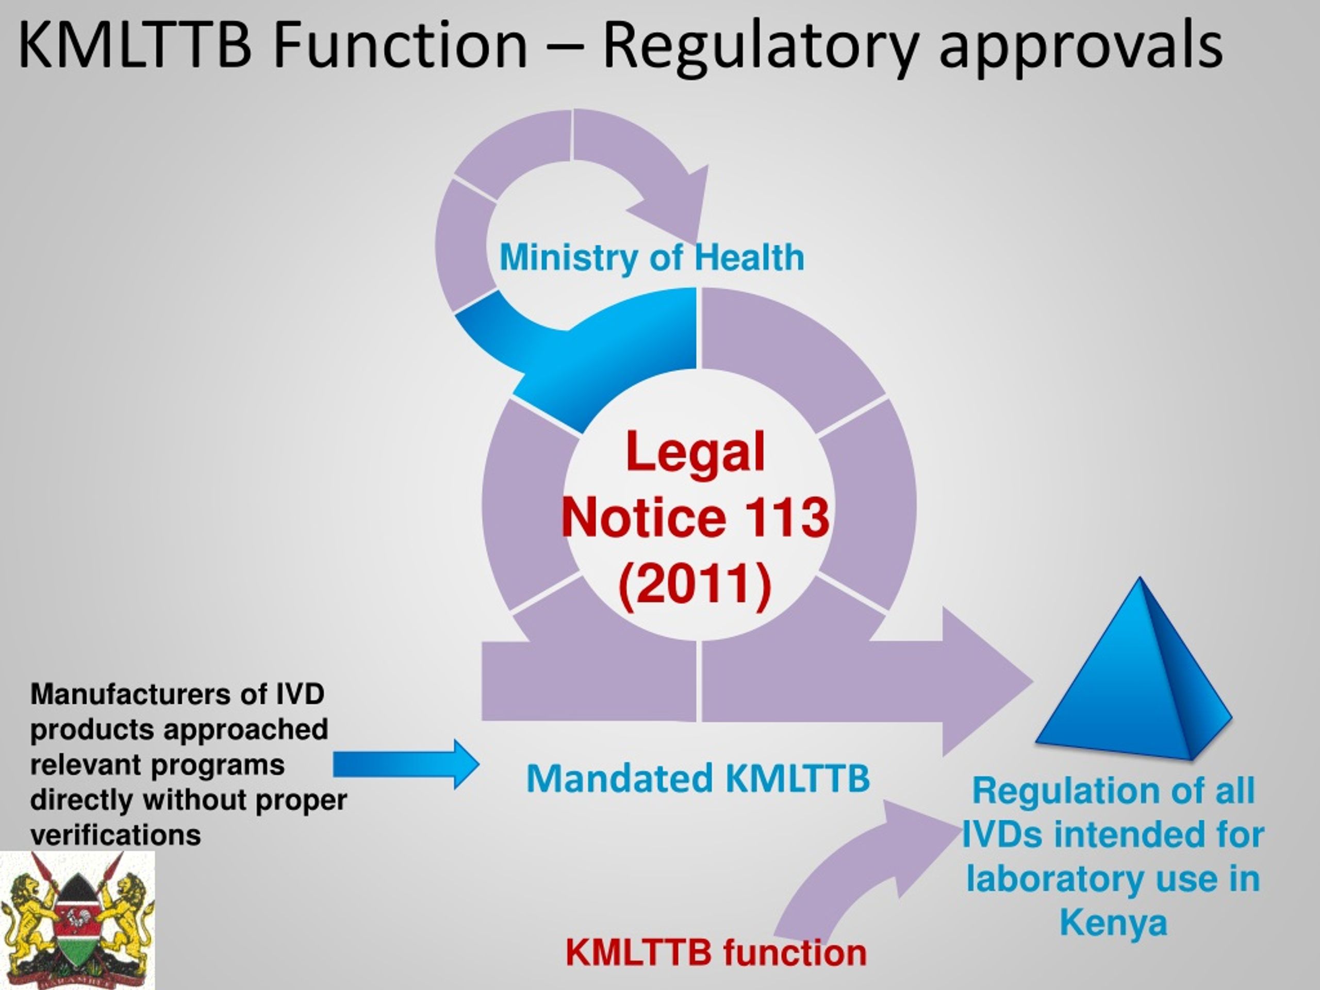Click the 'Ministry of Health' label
click(652, 257)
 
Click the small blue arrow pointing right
click(406, 765)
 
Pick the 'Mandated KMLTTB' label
click(698, 778)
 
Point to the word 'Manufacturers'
click(130, 694)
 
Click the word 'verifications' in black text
click(115, 835)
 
